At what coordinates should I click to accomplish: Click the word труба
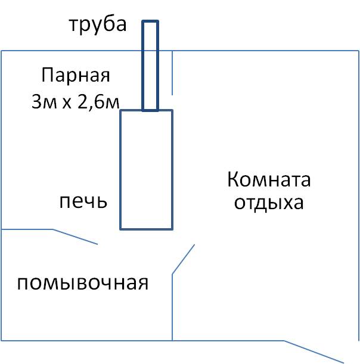click(98, 24)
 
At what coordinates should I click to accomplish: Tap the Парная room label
click(76, 74)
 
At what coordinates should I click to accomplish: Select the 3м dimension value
click(44, 102)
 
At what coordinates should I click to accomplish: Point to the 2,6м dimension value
click(98, 102)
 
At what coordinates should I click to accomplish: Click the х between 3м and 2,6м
click(67, 103)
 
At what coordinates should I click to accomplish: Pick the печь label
click(83, 201)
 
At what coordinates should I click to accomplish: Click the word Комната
click(269, 179)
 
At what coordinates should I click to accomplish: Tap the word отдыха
click(269, 203)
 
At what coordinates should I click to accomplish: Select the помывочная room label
click(83, 283)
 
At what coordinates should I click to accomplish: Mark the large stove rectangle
click(120, 170)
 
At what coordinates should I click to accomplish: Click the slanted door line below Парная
click(75, 237)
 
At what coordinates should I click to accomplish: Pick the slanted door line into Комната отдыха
click(183, 259)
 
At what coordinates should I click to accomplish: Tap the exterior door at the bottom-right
click(314, 351)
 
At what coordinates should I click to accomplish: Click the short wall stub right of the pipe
click(172, 73)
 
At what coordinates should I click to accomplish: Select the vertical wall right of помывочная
click(172, 307)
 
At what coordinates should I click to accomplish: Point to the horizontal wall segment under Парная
click(27, 229)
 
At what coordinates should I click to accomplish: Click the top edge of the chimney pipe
click(150, 21)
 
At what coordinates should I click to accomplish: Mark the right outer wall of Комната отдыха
click(359, 195)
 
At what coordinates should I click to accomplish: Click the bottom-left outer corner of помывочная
click(1, 341)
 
